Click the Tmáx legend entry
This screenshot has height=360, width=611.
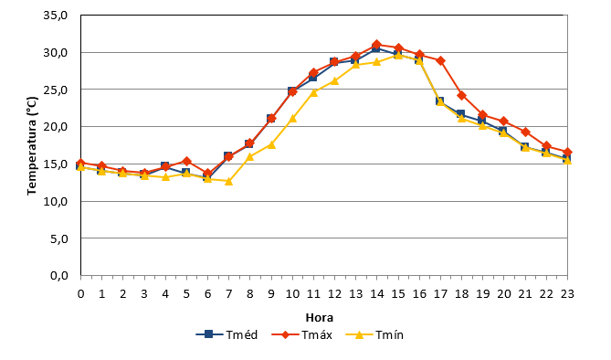[301, 334]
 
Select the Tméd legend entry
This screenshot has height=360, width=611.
[226, 334]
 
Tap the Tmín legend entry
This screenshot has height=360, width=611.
[374, 334]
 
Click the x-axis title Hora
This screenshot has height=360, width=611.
[319, 317]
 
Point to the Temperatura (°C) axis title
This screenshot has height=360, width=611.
[32, 145]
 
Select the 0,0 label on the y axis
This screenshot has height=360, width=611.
[58, 275]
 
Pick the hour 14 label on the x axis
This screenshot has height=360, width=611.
[377, 293]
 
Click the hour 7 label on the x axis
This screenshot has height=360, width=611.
[228, 293]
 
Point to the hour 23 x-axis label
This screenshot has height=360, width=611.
[567, 293]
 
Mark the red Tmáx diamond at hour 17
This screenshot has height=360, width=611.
[441, 61]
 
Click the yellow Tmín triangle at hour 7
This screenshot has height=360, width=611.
[228, 181]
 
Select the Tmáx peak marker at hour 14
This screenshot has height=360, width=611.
[377, 45]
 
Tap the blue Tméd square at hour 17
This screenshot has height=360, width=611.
[440, 101]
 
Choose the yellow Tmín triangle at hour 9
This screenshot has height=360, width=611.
[271, 144]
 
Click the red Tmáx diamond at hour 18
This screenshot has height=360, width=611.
[462, 96]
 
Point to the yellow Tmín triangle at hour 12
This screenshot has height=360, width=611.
[334, 80]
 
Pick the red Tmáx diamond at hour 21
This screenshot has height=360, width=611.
[525, 132]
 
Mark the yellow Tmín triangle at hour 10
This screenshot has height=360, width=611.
[292, 118]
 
